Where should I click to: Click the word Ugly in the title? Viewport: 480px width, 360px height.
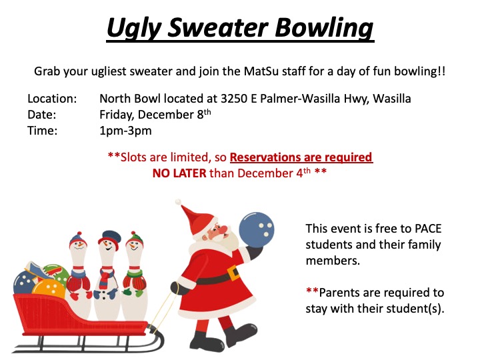[133, 28]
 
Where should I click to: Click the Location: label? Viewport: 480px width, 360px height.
[52, 99]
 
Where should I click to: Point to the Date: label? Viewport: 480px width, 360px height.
[42, 115]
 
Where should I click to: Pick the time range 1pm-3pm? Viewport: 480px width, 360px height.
[125, 131]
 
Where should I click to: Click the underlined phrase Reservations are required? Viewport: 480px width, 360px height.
[301, 157]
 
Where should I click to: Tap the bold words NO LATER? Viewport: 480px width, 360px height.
[179, 173]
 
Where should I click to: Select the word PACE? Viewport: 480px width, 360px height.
[427, 229]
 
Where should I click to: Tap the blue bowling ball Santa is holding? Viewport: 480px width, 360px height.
[256, 230]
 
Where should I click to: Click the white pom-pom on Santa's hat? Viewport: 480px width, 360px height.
[178, 202]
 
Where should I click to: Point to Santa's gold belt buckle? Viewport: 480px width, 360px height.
[233, 272]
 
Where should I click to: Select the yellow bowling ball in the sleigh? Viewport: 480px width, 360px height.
[49, 289]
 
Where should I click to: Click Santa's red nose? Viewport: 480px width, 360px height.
[224, 229]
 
